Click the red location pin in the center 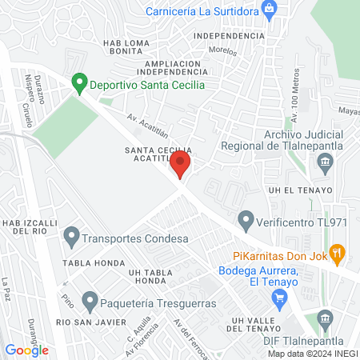pyautogui.click(x=181, y=166)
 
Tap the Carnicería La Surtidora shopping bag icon pyautogui.click(x=270, y=10)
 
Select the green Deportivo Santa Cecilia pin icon pyautogui.click(x=78, y=82)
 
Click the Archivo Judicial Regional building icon pyautogui.click(x=325, y=165)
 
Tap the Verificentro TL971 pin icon pyautogui.click(x=246, y=218)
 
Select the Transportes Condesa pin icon pyautogui.click(x=72, y=237)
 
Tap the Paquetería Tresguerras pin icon pyautogui.click(x=90, y=302)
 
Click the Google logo pyautogui.click(x=26, y=350)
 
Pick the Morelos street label pyautogui.click(x=224, y=52)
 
